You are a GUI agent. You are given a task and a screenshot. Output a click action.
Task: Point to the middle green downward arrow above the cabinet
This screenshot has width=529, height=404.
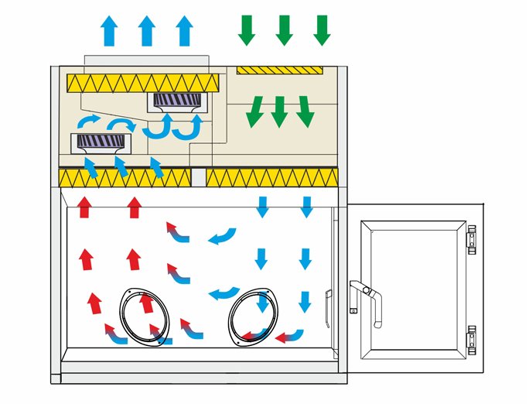pos(284,29)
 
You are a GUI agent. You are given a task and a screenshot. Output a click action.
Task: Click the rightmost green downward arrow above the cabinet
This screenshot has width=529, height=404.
pos(322,29)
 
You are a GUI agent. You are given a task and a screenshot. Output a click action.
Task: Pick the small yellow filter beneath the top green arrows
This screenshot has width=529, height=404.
pos(279,70)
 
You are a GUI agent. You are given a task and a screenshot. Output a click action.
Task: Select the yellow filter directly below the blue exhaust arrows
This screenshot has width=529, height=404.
pos(143,81)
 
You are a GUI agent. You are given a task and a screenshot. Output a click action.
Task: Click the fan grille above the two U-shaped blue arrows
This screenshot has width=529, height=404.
pos(178,101)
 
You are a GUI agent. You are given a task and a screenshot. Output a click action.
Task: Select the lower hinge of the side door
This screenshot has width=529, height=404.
pos(471,338)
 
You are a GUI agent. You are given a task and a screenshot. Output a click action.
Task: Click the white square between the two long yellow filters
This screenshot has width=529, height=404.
pos(198,178)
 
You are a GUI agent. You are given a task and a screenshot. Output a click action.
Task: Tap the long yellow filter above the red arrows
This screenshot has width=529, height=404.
pos(125,178)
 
